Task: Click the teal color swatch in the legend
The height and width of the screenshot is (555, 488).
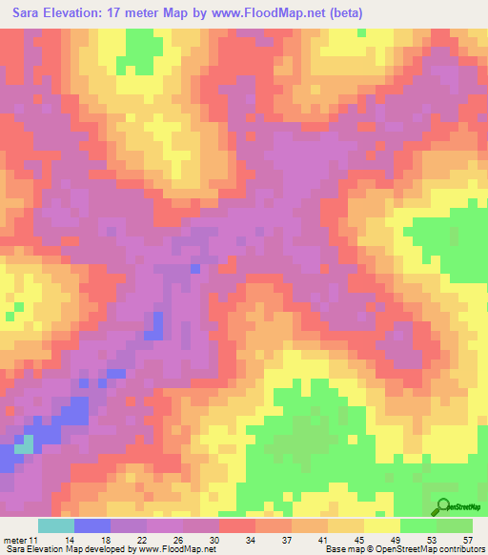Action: pyautogui.click(x=56, y=525)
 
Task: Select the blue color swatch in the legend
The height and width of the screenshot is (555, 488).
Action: pyautogui.click(x=92, y=525)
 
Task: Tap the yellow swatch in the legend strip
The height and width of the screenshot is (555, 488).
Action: pyautogui.click(x=382, y=525)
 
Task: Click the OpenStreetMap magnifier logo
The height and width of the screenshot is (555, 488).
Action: pyautogui.click(x=444, y=507)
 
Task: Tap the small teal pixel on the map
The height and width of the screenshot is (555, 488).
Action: pyautogui.click(x=28, y=443)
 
